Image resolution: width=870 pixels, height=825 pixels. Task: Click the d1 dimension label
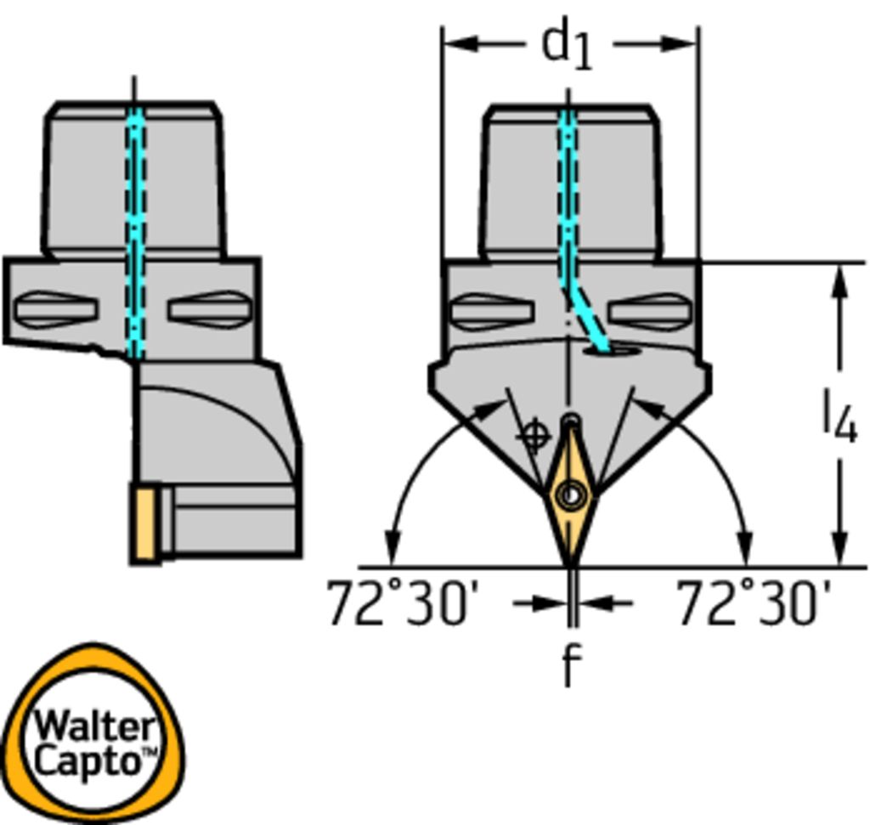pos(567,43)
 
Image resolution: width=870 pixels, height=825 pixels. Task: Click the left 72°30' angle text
pos(401,603)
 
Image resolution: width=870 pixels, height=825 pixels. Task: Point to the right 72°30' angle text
pos(754,603)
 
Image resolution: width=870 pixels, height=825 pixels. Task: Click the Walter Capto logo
pos(93,733)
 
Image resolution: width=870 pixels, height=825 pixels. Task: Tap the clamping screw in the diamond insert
pos(572,494)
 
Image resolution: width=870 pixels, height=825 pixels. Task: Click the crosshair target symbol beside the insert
pos(534,436)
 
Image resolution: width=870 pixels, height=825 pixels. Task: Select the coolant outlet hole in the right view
pos(613,351)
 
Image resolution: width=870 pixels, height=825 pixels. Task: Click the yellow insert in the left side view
pos(144,524)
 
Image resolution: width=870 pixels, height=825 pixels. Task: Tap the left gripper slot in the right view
pos(493,311)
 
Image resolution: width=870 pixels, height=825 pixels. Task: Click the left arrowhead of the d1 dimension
pos(461,43)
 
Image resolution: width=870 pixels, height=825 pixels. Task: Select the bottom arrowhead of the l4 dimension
pos(840,548)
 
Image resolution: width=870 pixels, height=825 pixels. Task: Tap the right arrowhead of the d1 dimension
pos(679,43)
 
